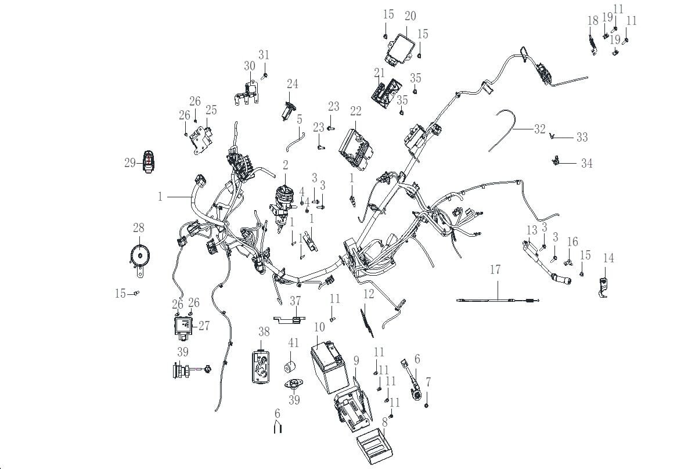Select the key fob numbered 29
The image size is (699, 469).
pyautogui.click(x=149, y=163)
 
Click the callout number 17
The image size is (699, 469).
pyautogui.click(x=495, y=270)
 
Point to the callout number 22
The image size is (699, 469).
pyautogui.click(x=355, y=111)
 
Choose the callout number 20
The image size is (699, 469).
pyautogui.click(x=410, y=16)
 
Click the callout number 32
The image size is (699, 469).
pyautogui.click(x=540, y=129)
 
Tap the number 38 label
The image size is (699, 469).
pyautogui.click(x=264, y=333)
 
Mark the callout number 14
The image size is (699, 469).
pyautogui.click(x=608, y=258)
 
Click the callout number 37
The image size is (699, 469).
pyautogui.click(x=296, y=300)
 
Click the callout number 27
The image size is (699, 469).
pyautogui.click(x=204, y=326)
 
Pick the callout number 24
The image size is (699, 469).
pyautogui.click(x=292, y=84)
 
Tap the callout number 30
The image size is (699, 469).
pyautogui.click(x=250, y=66)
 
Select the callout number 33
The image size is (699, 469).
pyautogui.click(x=582, y=138)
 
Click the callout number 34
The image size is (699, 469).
pyautogui.click(x=586, y=164)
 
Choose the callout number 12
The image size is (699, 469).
pyautogui.click(x=369, y=294)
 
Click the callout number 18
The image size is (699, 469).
pyautogui.click(x=592, y=21)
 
